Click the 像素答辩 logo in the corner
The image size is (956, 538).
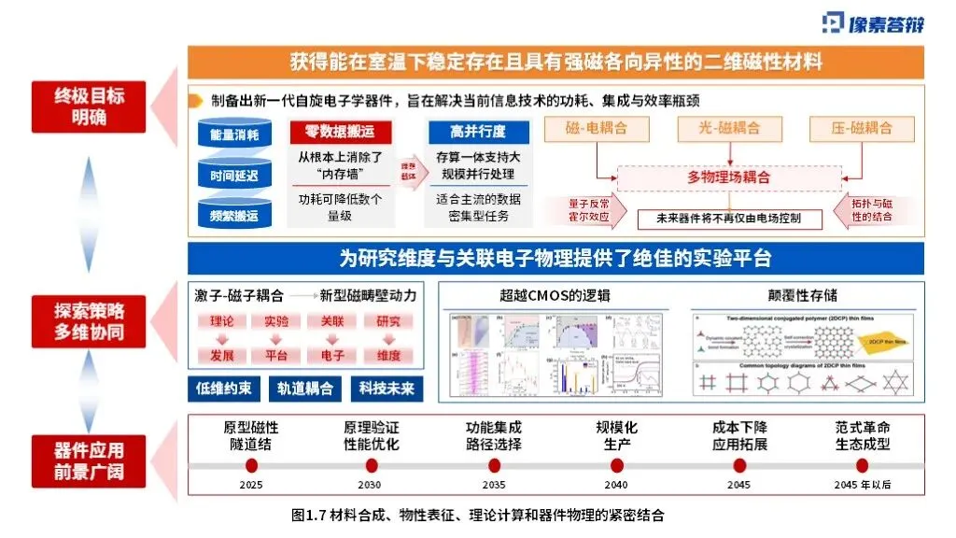tap(873, 23)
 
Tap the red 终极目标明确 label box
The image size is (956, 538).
tap(89, 106)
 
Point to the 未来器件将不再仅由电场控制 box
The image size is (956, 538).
tap(730, 219)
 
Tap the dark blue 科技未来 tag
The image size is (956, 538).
tap(387, 388)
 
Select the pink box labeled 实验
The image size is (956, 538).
tap(276, 322)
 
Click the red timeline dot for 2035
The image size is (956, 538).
tap(493, 465)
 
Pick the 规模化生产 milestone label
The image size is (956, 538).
tap(616, 436)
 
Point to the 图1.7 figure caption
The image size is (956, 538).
tap(477, 515)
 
